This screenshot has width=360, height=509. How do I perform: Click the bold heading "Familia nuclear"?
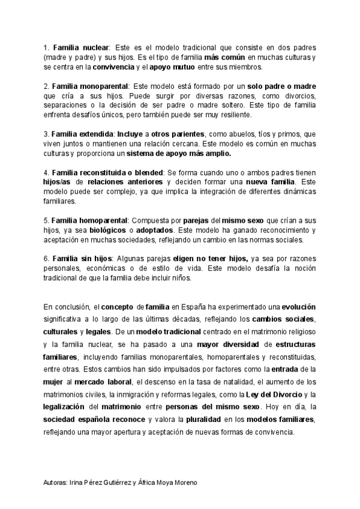point(80,47)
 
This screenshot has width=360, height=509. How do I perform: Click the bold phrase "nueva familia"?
point(271,181)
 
